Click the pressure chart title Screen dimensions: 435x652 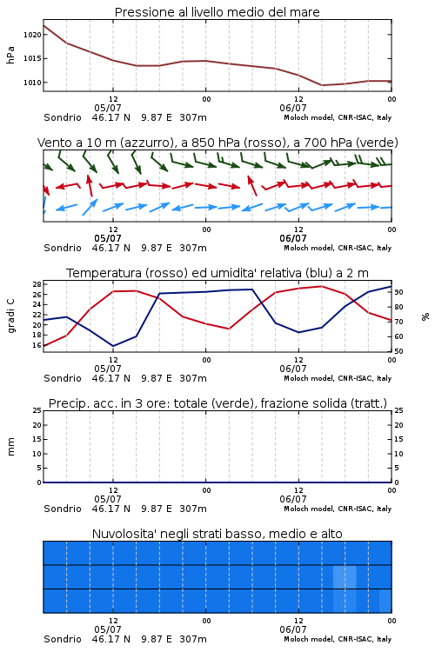point(217,12)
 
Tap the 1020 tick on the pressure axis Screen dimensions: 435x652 point(32,35)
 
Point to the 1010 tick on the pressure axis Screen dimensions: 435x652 point(32,83)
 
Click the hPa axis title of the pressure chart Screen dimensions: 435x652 point(10,55)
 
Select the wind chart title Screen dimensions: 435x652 point(217,143)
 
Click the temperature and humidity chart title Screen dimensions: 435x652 point(217,273)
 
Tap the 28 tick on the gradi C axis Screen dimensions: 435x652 point(37,284)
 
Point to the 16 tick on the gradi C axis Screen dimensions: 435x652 point(37,345)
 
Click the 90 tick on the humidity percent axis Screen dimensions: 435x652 point(398,292)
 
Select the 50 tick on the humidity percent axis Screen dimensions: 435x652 point(398,351)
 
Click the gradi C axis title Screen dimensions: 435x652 point(10,316)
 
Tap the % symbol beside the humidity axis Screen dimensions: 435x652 point(425,316)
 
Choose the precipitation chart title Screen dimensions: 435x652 point(217,403)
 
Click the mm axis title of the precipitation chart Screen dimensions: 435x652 point(10,447)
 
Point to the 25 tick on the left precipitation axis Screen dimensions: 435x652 point(37,411)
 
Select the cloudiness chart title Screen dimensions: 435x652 point(217,534)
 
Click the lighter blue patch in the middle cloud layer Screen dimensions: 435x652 point(345,576)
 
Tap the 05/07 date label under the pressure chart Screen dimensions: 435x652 point(108,108)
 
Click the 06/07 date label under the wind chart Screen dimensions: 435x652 point(293,239)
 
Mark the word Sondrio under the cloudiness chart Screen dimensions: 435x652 point(63,639)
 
